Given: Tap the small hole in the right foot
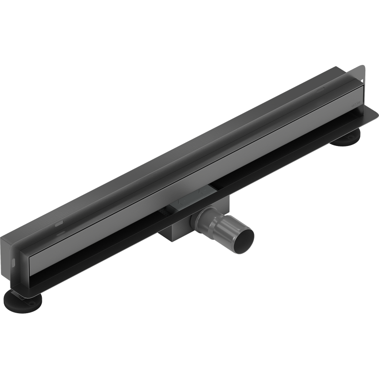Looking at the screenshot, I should click(x=351, y=137).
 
